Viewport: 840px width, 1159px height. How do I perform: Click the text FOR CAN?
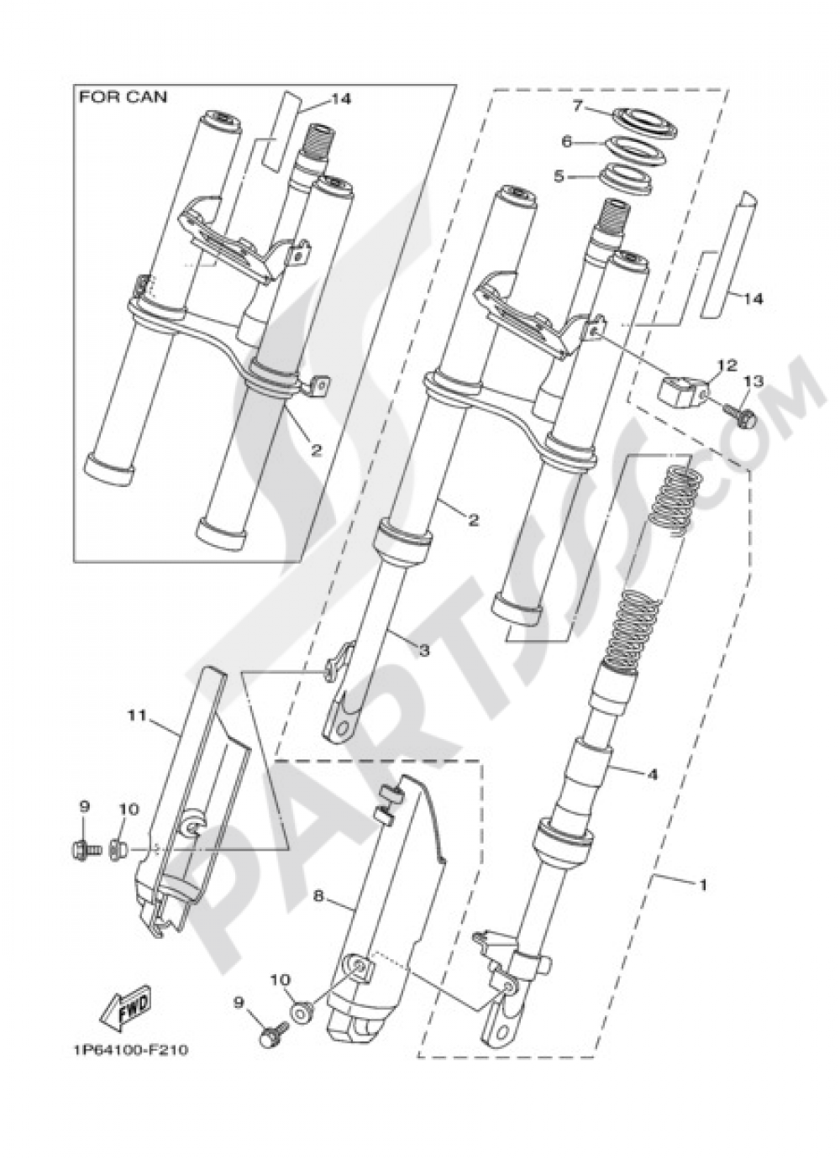[x=123, y=97]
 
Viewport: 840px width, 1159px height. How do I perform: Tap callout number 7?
[x=577, y=106]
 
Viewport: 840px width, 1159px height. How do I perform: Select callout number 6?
[x=567, y=143]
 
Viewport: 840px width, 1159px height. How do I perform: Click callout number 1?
[x=703, y=885]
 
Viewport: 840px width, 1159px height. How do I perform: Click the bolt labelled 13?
[x=741, y=414]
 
